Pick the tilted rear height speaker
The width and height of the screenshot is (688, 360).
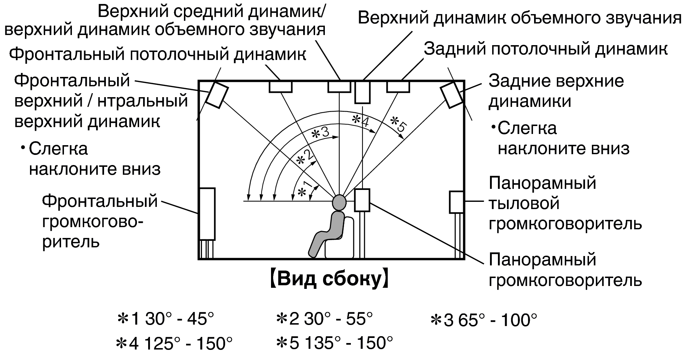[x=451, y=95]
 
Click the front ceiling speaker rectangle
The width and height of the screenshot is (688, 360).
[x=280, y=87]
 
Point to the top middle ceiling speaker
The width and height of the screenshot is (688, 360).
[x=339, y=87]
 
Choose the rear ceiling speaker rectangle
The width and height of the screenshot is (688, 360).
[x=398, y=87]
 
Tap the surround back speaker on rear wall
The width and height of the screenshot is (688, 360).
[x=456, y=202]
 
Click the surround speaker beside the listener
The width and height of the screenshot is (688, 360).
[x=362, y=200]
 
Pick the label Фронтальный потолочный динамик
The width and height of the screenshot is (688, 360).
[x=158, y=54]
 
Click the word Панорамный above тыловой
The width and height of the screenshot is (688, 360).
[x=542, y=183]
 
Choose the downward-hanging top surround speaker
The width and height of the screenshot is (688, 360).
[x=362, y=92]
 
